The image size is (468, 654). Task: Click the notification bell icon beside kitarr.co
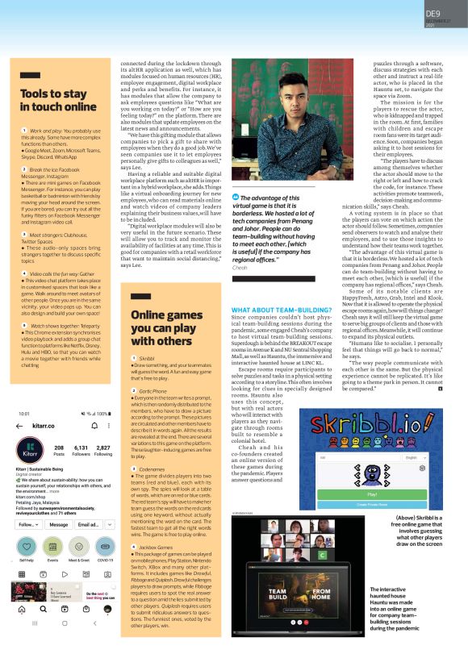click(94, 446)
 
